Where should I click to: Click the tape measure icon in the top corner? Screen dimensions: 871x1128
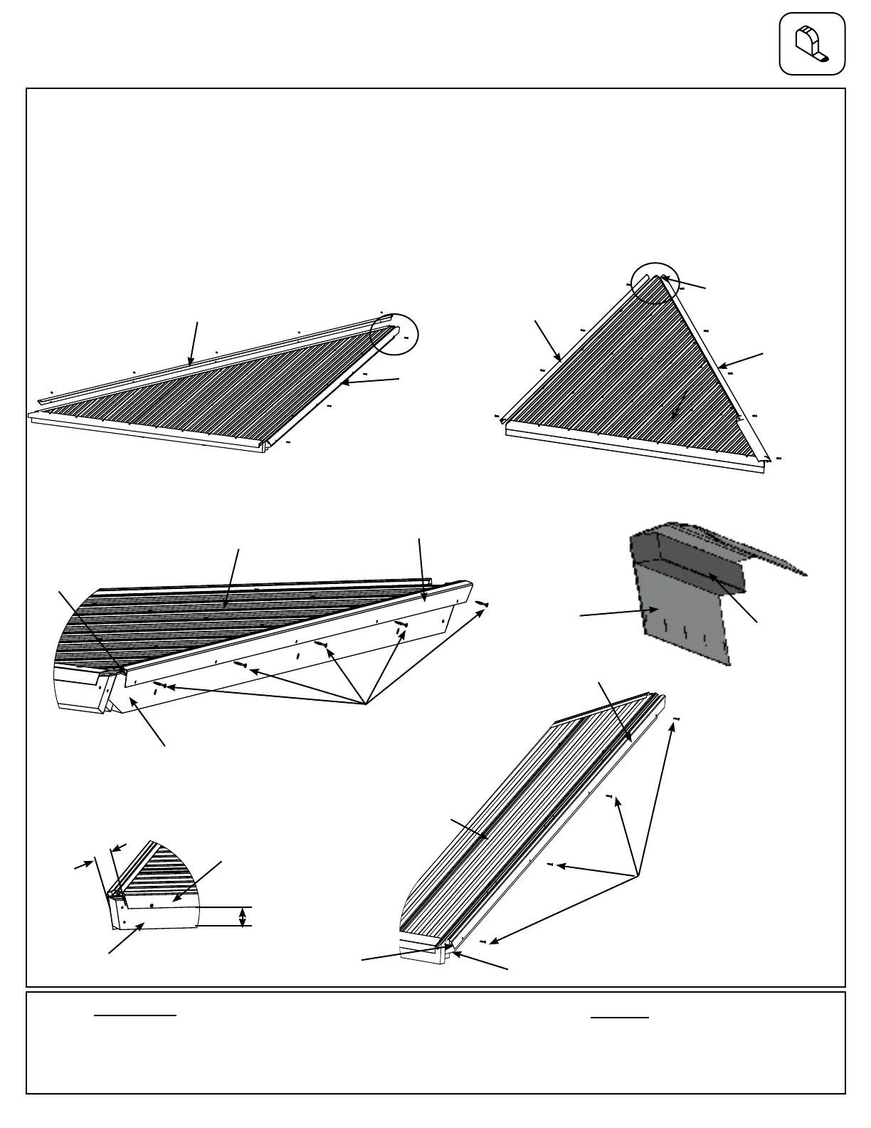click(812, 43)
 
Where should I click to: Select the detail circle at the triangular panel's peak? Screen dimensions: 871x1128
click(655, 283)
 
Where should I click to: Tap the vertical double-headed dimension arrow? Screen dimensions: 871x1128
click(243, 916)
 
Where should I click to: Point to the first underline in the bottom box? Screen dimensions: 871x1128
click(135, 1015)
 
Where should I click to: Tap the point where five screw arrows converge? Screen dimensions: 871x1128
click(365, 704)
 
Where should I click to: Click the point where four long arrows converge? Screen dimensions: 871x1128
click(637, 875)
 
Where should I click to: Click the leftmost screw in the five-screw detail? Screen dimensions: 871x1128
click(159, 685)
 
